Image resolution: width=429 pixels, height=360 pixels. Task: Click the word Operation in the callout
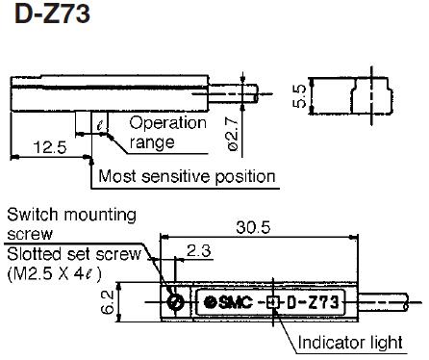pos(167,123)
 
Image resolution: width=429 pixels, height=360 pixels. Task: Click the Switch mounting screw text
pos(71,223)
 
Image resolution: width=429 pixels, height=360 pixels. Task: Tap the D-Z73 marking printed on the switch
pos(309,302)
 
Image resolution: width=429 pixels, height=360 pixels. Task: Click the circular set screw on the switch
pos(176,301)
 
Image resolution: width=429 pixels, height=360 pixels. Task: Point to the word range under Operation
pos(154,142)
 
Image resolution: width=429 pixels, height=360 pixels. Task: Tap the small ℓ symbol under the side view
pos(100,122)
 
